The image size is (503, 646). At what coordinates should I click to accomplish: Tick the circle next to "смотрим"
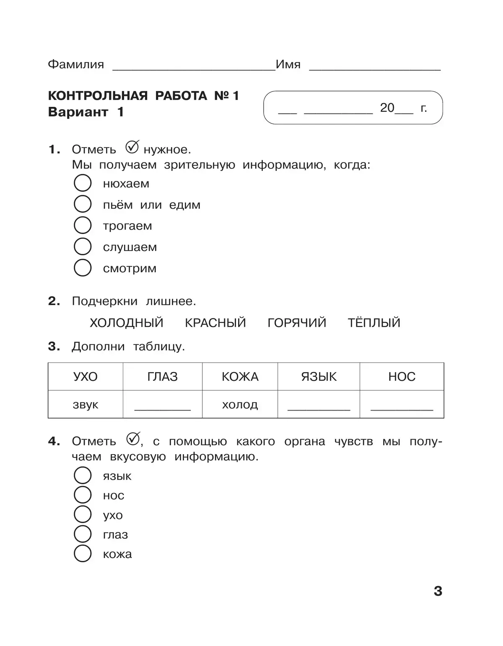point(83,268)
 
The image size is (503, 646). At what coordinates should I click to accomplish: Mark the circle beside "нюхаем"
point(83,183)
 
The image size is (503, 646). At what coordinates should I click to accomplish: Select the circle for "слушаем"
point(83,246)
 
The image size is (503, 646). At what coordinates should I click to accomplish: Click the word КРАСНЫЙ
point(215,323)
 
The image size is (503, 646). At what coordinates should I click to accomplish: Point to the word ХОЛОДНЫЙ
point(127,323)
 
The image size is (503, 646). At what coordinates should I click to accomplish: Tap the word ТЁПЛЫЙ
point(374,323)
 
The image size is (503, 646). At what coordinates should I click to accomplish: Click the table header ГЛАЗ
point(163,377)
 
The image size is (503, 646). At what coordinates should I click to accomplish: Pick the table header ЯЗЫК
point(319,377)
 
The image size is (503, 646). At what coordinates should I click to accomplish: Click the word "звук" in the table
point(86,405)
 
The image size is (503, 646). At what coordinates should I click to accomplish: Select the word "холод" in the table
point(240,405)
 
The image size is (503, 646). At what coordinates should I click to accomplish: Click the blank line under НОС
point(402,408)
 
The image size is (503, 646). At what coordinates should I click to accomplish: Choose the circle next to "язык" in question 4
point(83,475)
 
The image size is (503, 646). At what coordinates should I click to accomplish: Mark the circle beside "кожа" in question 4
point(83,553)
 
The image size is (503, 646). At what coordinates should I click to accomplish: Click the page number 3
point(438,591)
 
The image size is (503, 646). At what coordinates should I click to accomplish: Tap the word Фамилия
point(76,65)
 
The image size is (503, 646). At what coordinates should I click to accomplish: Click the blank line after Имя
point(375,68)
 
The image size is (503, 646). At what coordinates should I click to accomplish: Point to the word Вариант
point(78,112)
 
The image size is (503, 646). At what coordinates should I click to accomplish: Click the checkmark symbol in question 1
point(132,147)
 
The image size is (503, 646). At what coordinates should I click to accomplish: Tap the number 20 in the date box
point(387,108)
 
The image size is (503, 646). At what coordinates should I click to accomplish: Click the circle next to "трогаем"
point(83,225)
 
